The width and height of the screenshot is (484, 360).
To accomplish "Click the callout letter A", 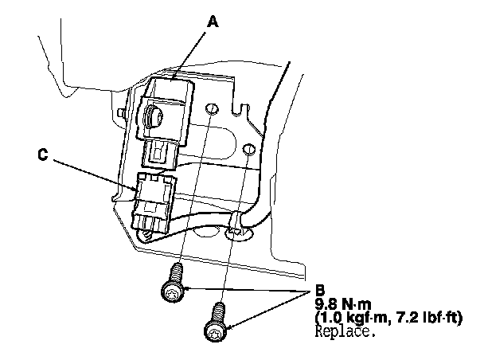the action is [213, 25].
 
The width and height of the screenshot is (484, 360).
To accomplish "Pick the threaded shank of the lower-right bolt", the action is [220, 311].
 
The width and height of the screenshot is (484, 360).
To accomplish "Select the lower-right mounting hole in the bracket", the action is [249, 149].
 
